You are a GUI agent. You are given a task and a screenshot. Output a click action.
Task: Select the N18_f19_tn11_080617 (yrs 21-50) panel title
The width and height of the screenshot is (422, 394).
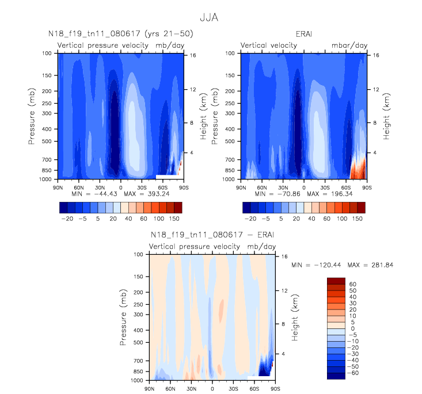click(120, 35)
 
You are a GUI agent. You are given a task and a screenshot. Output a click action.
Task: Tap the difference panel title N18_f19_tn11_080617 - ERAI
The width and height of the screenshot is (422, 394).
click(211, 235)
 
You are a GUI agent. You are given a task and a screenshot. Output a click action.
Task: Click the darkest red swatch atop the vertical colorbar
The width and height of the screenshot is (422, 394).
click(336, 280)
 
